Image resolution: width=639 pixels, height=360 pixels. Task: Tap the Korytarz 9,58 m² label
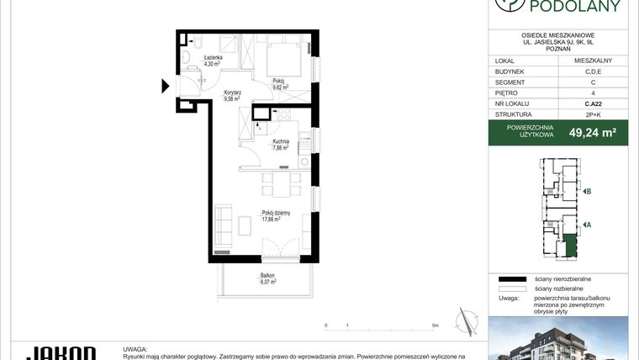[x=232, y=95]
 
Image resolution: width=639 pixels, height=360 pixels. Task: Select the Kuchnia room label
[x=280, y=144]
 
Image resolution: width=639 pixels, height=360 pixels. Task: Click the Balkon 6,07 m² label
[x=267, y=279]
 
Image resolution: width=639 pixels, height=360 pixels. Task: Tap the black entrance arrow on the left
[x=165, y=84]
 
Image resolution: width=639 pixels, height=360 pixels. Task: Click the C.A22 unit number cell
[x=592, y=102]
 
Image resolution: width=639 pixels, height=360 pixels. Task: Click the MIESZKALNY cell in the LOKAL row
[x=592, y=61]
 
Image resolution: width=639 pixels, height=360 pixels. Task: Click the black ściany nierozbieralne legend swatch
[x=510, y=278]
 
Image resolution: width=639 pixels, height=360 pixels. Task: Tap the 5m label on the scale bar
[x=434, y=324]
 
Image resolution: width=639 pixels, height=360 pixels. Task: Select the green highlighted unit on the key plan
[x=571, y=246]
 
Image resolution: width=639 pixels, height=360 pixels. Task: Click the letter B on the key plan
[x=589, y=192]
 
